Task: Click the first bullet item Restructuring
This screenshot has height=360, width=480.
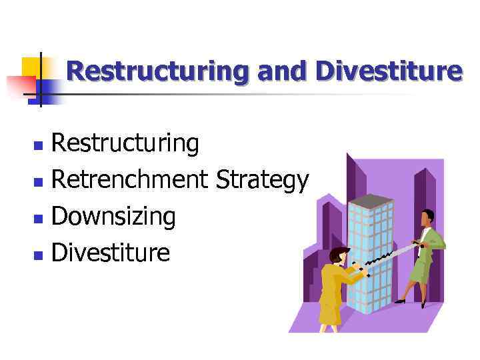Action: tap(125, 143)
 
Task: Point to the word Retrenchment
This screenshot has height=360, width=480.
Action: tap(131, 179)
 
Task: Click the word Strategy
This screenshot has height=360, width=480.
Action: tap(263, 180)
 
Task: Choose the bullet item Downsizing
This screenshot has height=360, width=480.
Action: tap(113, 216)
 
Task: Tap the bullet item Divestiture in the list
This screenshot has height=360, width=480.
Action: tap(111, 252)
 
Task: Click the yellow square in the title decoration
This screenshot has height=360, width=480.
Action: tap(32, 67)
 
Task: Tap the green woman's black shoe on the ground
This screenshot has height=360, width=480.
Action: tap(399, 301)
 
